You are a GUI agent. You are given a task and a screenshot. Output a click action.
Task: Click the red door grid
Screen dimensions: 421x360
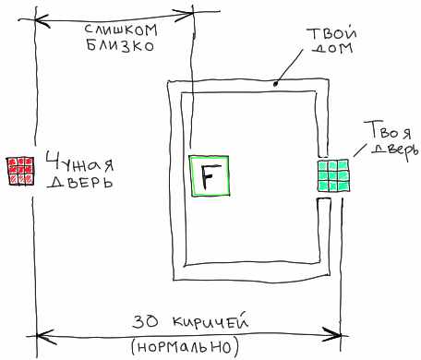coord(20,171)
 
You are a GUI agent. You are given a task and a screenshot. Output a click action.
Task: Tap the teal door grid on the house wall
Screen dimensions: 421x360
coord(333,175)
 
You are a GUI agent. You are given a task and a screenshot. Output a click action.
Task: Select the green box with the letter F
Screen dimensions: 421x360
coord(210,176)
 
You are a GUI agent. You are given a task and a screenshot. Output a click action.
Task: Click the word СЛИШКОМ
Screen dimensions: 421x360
coord(121,30)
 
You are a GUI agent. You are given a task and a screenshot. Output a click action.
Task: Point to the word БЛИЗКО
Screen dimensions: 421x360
coord(120,45)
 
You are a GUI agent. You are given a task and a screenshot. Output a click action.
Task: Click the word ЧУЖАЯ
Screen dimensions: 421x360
coord(80,162)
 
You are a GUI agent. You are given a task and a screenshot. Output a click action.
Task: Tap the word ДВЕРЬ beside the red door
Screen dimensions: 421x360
coord(80,182)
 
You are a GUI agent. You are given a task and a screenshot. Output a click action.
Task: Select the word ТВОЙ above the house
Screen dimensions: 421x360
coord(331,33)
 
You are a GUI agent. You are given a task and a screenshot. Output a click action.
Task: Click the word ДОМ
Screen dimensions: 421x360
coord(333,49)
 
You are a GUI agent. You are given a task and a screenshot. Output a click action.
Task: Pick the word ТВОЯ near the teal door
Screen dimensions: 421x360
coord(388,130)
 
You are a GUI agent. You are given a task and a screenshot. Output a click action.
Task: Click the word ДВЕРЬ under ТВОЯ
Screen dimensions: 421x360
coord(395,150)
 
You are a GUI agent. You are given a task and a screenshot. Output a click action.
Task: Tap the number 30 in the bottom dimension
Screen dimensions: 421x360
coord(146,322)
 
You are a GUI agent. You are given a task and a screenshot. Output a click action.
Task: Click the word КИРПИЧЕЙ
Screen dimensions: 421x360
coord(210,321)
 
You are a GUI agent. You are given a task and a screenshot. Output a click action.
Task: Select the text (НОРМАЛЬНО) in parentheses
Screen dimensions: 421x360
coord(185,347)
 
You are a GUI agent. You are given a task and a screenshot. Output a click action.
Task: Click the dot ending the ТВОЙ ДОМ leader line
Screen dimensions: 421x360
coord(276,83)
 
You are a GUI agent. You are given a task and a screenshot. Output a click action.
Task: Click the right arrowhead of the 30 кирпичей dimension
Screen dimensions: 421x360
coord(331,334)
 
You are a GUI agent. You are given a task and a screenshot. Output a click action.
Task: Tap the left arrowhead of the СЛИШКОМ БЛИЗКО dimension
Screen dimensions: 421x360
coord(42,21)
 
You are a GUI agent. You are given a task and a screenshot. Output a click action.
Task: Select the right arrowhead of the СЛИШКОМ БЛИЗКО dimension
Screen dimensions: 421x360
coord(184,16)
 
